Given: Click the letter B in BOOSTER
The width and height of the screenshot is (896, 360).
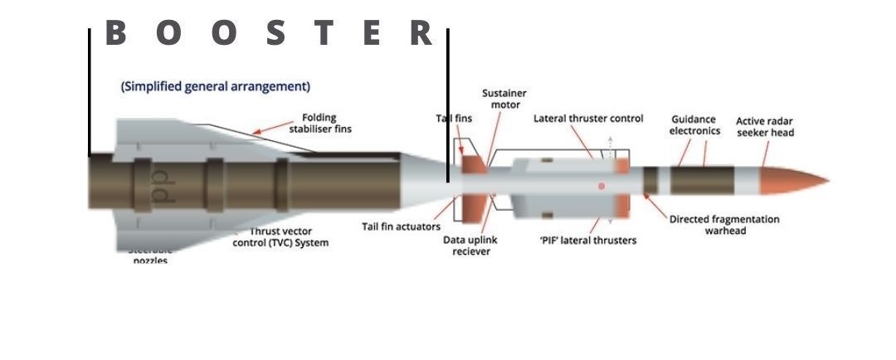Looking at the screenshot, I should pyautogui.click(x=115, y=33).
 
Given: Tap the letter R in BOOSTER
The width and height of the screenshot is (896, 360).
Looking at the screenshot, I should pyautogui.click(x=421, y=33).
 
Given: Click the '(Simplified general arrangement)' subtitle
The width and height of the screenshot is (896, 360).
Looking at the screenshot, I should pyautogui.click(x=216, y=86).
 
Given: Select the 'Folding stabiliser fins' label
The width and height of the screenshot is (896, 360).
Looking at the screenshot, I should pyautogui.click(x=320, y=123).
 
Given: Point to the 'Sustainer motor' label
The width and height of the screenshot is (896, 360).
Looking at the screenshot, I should pyautogui.click(x=504, y=99).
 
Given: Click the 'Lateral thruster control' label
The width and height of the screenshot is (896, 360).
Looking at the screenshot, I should pyautogui.click(x=588, y=119).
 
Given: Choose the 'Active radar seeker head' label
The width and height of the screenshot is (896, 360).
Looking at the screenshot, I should pyautogui.click(x=765, y=127).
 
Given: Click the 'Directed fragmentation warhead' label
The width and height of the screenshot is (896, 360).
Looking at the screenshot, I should pyautogui.click(x=725, y=225).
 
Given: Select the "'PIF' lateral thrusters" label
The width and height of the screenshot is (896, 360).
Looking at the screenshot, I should pyautogui.click(x=588, y=241).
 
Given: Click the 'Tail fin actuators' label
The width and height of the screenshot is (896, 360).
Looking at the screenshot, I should pyautogui.click(x=401, y=226).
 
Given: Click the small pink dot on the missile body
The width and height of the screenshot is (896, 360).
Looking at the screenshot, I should pyautogui.click(x=601, y=187).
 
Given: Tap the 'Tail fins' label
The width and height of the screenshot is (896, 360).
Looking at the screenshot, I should pyautogui.click(x=454, y=119).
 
